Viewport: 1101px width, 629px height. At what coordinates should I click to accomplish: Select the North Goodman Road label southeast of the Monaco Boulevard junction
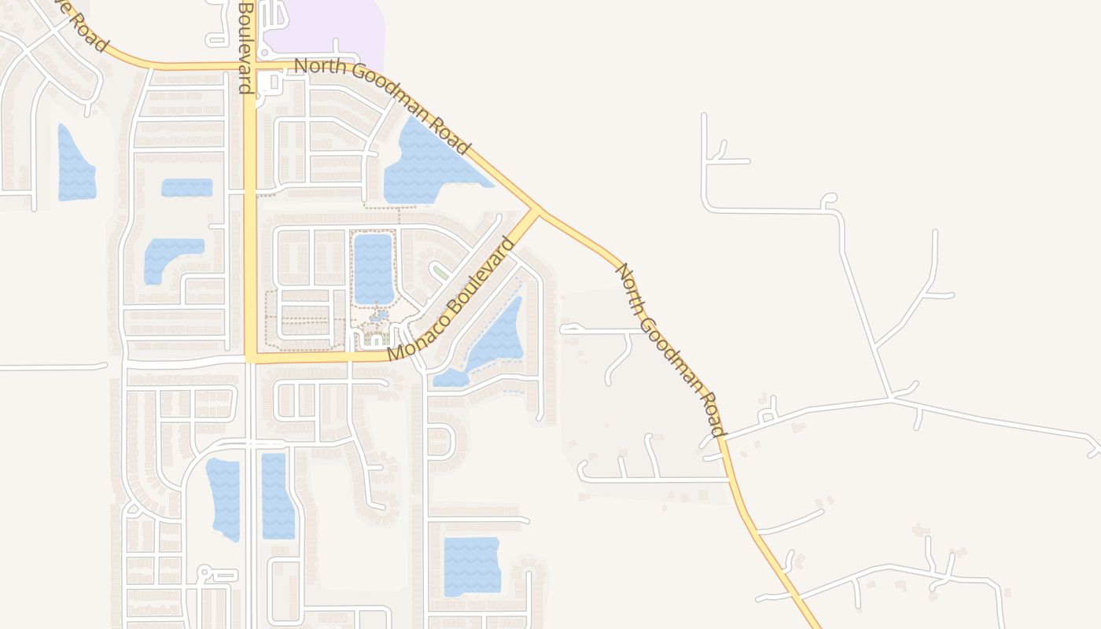[669, 350]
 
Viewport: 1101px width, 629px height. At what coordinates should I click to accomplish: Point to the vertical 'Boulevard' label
[246, 47]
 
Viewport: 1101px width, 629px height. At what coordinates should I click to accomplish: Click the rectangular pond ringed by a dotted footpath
[373, 268]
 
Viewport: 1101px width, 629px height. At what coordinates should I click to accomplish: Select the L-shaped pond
[169, 256]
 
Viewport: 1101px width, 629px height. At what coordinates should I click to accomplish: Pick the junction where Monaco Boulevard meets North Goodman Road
[538, 210]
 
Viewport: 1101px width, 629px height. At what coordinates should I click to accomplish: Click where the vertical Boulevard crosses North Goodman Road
[249, 66]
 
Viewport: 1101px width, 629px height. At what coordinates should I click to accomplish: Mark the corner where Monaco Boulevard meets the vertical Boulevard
[249, 358]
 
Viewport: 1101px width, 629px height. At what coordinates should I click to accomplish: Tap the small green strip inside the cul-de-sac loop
[441, 272]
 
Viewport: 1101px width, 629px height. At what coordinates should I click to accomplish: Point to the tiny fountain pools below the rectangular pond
[379, 315]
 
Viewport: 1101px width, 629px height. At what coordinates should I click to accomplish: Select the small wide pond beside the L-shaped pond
[187, 187]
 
